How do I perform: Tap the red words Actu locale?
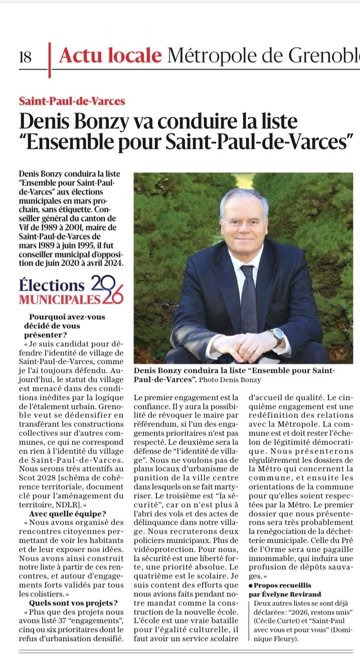tap(110, 56)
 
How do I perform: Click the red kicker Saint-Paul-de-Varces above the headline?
tap(72, 101)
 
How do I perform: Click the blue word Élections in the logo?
tap(52, 285)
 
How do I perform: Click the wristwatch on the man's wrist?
tap(277, 336)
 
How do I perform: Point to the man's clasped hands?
tap(246, 344)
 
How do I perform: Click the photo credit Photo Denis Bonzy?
tap(228, 379)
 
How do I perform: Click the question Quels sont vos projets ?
tap(74, 603)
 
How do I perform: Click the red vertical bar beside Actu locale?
tap(49, 59)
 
